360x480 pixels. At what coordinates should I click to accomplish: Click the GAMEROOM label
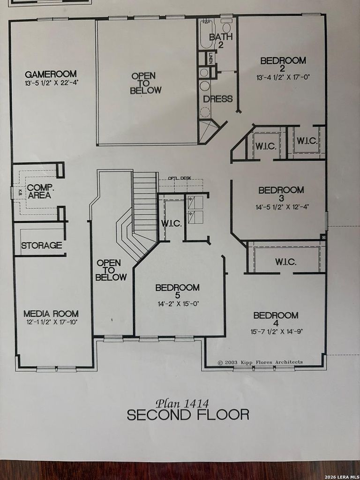point(51,74)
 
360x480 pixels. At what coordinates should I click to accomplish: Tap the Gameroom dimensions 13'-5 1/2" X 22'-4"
point(52,82)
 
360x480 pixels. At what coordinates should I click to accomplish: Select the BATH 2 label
point(221,41)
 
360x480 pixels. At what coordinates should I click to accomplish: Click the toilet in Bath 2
point(226,27)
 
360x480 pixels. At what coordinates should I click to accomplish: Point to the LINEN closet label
point(211,58)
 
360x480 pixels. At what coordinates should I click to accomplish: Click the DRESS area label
point(218,99)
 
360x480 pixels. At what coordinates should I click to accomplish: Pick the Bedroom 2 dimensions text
point(283,77)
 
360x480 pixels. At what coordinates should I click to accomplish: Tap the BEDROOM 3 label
point(281,194)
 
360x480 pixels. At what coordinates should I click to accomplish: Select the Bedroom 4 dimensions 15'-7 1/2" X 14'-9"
point(277,331)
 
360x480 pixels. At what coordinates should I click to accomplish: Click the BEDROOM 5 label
point(178,291)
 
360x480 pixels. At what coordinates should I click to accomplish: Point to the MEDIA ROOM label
point(51,314)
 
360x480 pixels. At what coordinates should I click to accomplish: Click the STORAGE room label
point(42,245)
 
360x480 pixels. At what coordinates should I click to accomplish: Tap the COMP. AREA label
point(40,191)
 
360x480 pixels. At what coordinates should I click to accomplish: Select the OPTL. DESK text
point(180,178)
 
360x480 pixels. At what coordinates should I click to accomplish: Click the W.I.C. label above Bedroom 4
point(285,262)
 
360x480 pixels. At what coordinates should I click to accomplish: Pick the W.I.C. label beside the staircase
point(172,223)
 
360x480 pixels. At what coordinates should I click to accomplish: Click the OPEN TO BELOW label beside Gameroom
point(145,83)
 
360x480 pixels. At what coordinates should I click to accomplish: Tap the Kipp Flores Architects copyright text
point(260,362)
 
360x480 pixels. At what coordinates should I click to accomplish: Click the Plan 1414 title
point(182,403)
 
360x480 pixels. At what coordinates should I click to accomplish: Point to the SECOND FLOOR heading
point(188,415)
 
